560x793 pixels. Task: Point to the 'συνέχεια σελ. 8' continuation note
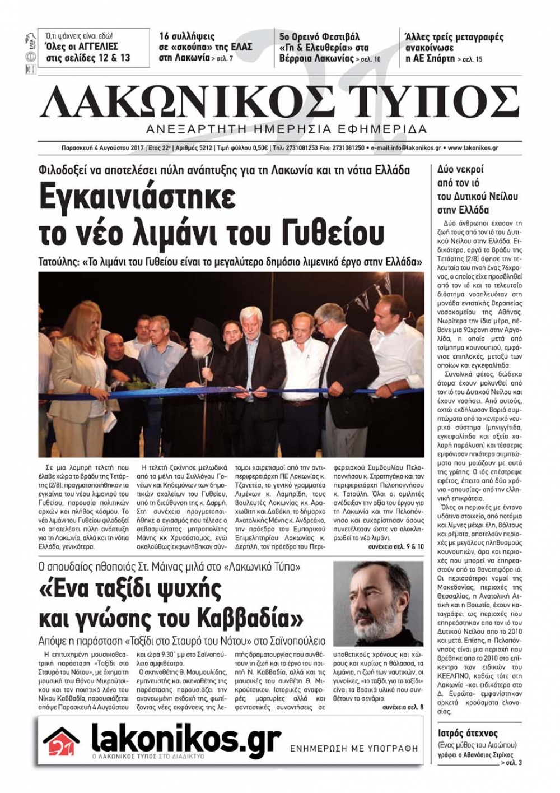(403, 707)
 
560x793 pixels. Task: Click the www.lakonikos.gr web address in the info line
(473, 149)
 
